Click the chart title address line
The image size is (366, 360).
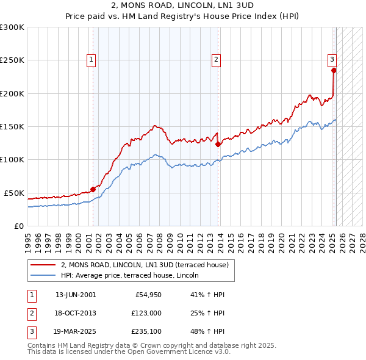182,5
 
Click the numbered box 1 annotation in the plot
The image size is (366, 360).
90,59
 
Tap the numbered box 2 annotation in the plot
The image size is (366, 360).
216,59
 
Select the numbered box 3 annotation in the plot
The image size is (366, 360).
332,59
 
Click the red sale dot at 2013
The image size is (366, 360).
218,145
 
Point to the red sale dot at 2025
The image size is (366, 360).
334,70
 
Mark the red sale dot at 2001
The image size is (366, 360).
93,189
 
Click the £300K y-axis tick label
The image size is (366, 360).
12,27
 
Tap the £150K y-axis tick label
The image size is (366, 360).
12,126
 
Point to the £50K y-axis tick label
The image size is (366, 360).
14,193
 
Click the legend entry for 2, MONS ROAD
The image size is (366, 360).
145,265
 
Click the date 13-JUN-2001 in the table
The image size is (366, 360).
76,295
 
